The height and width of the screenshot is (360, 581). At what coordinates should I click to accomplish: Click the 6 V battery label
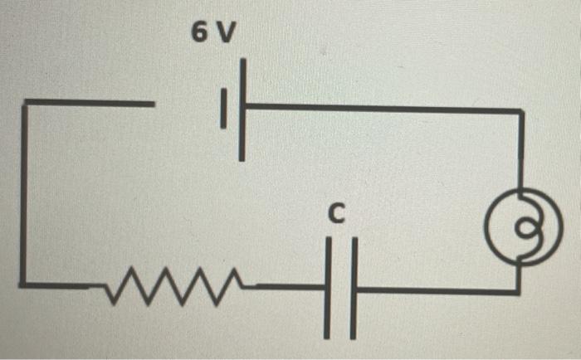tap(213, 32)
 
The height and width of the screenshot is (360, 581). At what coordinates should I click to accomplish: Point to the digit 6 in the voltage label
tap(199, 32)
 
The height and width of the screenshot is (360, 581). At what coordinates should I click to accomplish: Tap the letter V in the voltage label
tap(227, 32)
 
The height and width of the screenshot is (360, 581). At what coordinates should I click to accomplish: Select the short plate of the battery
tap(222, 109)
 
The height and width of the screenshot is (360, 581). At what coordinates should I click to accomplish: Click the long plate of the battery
tap(242, 109)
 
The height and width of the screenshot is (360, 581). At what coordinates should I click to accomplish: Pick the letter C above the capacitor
tap(335, 215)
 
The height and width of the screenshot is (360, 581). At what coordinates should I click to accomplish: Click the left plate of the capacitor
tap(329, 286)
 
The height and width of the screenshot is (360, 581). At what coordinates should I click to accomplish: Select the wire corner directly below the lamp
tap(520, 291)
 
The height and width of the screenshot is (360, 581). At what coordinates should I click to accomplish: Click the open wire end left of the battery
tap(152, 104)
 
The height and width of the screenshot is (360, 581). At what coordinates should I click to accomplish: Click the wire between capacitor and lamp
tap(432, 291)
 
